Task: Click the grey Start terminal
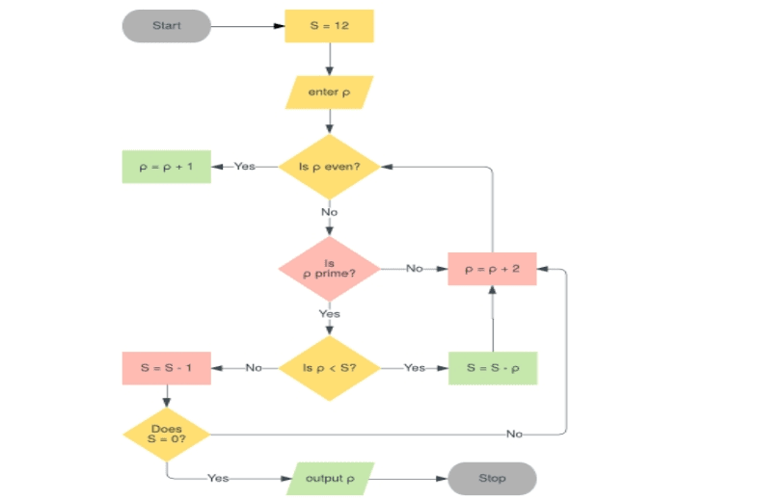click(x=166, y=26)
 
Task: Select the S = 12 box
click(x=329, y=26)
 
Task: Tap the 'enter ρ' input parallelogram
click(x=329, y=92)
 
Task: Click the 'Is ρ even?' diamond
click(x=329, y=167)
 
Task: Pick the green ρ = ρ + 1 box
click(x=166, y=167)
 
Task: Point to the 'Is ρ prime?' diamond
click(x=329, y=268)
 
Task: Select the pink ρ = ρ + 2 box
click(x=492, y=269)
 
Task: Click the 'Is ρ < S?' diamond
click(x=329, y=368)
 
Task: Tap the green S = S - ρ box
click(x=492, y=368)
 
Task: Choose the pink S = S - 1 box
click(x=166, y=368)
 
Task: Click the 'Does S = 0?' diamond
click(x=166, y=434)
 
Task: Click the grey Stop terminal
click(x=492, y=478)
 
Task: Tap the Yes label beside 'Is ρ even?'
click(x=245, y=167)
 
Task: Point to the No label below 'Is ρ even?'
click(x=330, y=212)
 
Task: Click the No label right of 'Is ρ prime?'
click(x=415, y=269)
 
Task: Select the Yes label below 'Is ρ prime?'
click(x=330, y=313)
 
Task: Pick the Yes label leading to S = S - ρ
click(x=415, y=368)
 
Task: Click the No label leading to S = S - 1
click(x=254, y=368)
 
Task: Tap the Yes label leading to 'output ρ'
click(x=218, y=478)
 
